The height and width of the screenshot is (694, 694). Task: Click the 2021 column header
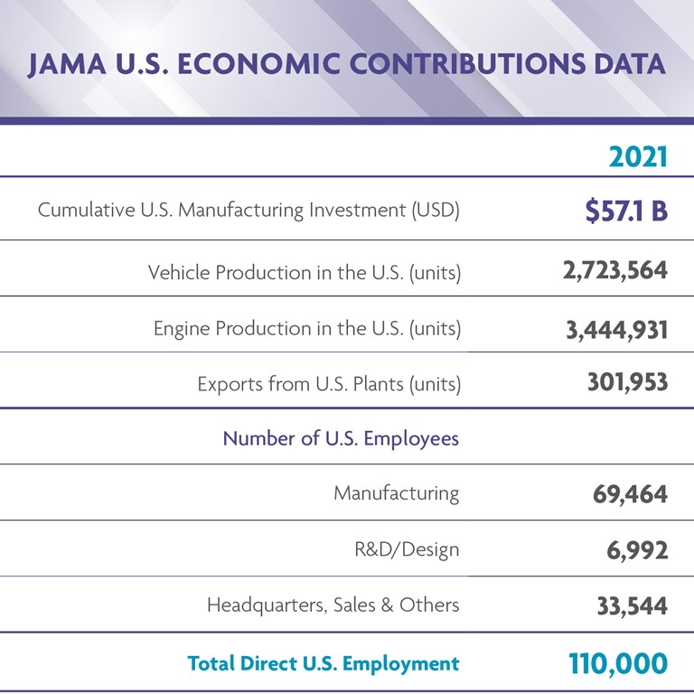pyautogui.click(x=637, y=156)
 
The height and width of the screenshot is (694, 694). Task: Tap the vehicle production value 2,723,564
pyautogui.click(x=614, y=270)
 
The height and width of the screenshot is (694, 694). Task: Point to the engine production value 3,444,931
pyautogui.click(x=616, y=330)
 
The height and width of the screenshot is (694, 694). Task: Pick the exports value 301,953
pyautogui.click(x=627, y=382)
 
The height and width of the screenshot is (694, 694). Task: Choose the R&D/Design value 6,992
pyautogui.click(x=637, y=550)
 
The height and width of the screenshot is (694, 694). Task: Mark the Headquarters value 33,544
pyautogui.click(x=632, y=605)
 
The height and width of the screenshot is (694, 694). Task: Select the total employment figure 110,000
pyautogui.click(x=617, y=663)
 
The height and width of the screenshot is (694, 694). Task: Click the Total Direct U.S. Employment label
pyautogui.click(x=323, y=663)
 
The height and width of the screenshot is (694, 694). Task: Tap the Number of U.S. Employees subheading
pyautogui.click(x=341, y=439)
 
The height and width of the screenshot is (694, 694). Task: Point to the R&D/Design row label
pyautogui.click(x=407, y=549)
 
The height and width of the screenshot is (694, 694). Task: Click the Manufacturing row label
pyautogui.click(x=396, y=493)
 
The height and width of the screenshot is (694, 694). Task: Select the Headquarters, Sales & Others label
pyautogui.click(x=333, y=605)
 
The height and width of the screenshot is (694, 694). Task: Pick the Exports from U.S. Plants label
pyautogui.click(x=329, y=384)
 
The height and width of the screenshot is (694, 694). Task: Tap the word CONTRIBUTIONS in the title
pyautogui.click(x=453, y=65)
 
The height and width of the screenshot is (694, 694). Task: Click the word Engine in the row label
pyautogui.click(x=181, y=329)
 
